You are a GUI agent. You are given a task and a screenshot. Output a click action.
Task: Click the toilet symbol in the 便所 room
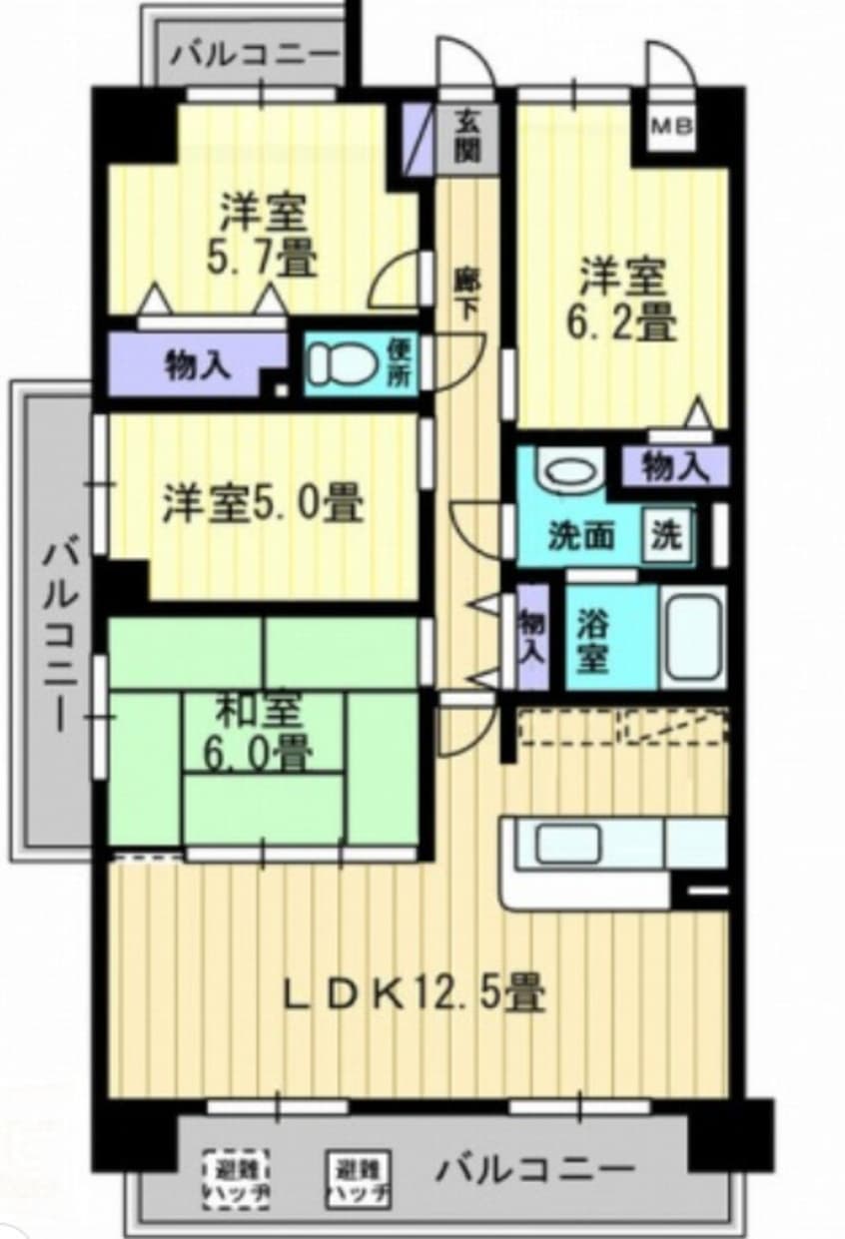click(x=333, y=363)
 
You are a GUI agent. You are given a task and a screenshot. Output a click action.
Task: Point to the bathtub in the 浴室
click(x=691, y=637)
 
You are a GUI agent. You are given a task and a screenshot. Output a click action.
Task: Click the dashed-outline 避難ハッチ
click(x=238, y=1180)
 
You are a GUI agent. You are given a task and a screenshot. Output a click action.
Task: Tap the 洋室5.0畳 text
click(x=263, y=504)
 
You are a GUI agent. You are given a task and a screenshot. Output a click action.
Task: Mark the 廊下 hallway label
click(x=465, y=294)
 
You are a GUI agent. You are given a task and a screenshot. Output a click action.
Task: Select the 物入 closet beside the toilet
click(x=198, y=365)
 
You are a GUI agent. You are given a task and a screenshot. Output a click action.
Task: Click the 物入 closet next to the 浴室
click(x=532, y=638)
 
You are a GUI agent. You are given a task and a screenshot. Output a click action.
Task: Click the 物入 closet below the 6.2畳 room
click(x=675, y=466)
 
